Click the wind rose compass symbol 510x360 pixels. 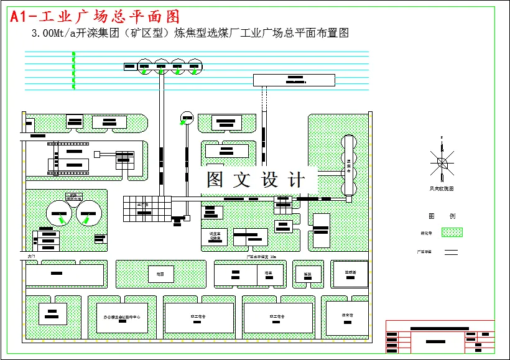[x=442, y=163]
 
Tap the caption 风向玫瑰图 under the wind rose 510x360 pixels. [x=442, y=188]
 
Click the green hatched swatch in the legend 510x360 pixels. [x=452, y=233]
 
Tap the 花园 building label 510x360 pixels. [x=160, y=273]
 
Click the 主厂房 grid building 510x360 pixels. [x=145, y=208]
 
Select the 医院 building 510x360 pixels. [x=307, y=274]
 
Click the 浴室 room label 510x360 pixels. [x=269, y=273]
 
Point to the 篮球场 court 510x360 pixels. [x=350, y=272]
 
